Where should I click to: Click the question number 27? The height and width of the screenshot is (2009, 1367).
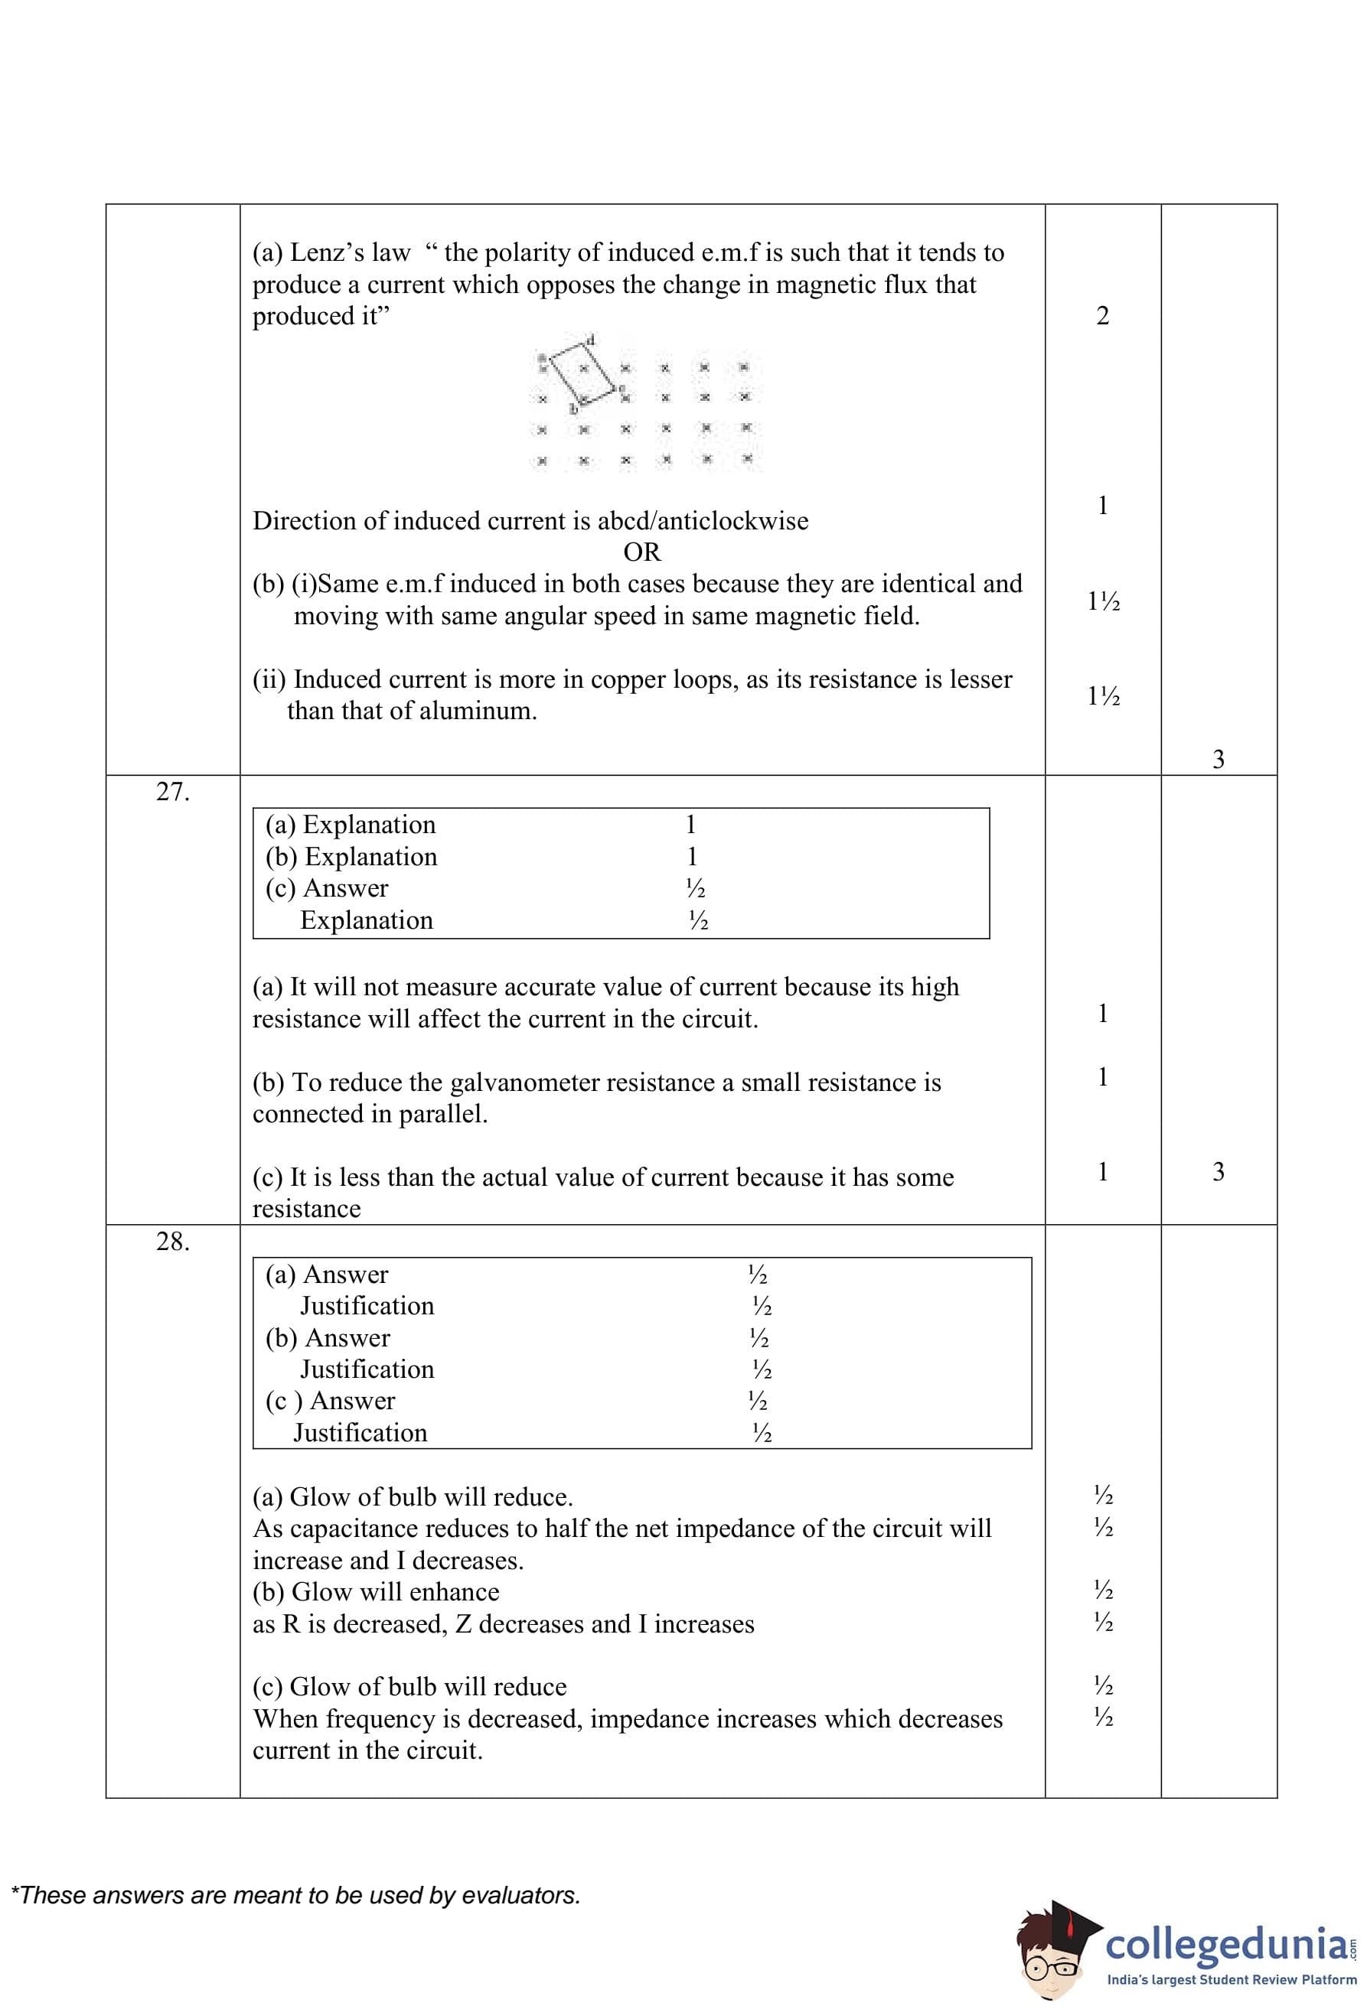[172, 792]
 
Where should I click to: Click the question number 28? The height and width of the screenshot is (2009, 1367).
[172, 1242]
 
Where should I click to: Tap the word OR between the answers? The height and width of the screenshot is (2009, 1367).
[641, 552]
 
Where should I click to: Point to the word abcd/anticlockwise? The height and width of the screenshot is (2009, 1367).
[703, 520]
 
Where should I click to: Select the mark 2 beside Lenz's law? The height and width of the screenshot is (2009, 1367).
[1102, 315]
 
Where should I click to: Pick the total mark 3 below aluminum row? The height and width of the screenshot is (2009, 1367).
[1219, 759]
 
